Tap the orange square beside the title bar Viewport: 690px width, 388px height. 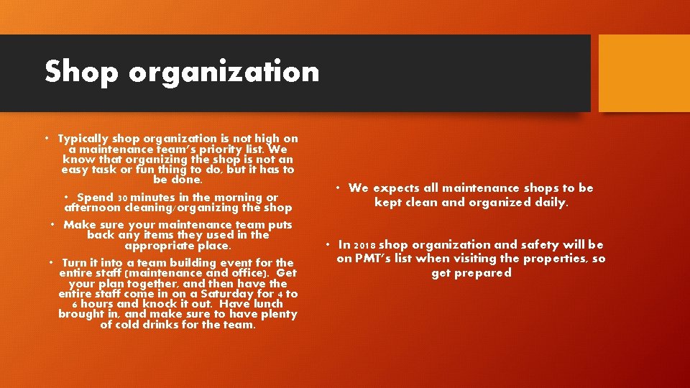point(643,73)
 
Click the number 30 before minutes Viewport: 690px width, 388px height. point(122,198)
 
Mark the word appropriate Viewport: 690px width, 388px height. point(153,245)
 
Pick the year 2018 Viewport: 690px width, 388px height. point(364,245)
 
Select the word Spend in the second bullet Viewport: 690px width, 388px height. point(95,198)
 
